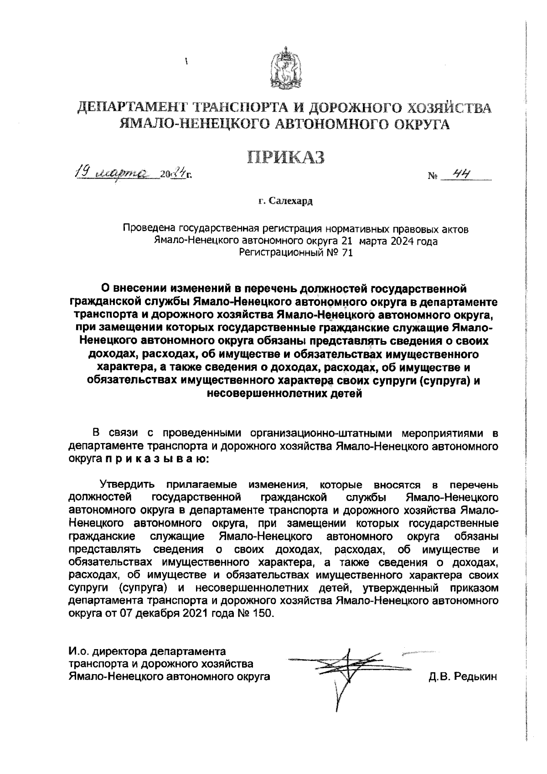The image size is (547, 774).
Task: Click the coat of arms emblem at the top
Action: click(x=286, y=68)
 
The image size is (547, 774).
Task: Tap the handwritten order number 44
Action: click(x=461, y=174)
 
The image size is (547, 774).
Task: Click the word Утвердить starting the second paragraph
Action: click(x=128, y=484)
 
